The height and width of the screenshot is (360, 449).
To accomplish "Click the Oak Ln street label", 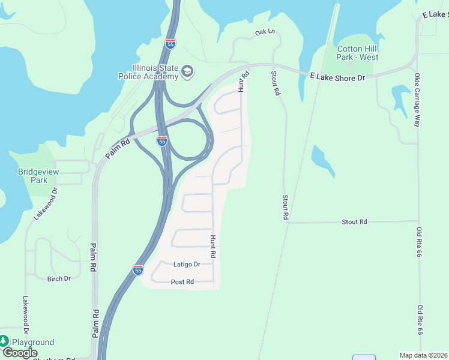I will pyautogui.click(x=264, y=32).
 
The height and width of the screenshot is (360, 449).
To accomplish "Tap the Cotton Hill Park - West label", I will pyautogui.click(x=358, y=53).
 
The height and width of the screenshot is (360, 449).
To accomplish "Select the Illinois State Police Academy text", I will pyautogui.click(x=155, y=72).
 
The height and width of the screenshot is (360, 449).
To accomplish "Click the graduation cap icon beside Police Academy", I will pyautogui.click(x=187, y=72).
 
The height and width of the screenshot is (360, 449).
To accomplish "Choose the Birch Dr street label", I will pyautogui.click(x=59, y=278).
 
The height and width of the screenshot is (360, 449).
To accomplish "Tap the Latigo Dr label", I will pyautogui.click(x=186, y=264).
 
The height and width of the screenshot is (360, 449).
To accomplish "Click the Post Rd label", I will pyautogui.click(x=182, y=281).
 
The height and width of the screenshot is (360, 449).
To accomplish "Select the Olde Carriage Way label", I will pyautogui.click(x=417, y=100).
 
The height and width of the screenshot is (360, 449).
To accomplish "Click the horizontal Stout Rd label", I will pyautogui.click(x=354, y=222).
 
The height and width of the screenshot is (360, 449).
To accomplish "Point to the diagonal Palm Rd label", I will pyautogui.click(x=118, y=149).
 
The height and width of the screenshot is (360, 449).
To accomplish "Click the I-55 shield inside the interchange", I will pyautogui.click(x=162, y=141).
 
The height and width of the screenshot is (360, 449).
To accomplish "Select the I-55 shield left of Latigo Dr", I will pyautogui.click(x=138, y=270).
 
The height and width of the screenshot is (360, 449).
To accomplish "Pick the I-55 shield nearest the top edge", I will pyautogui.click(x=170, y=44).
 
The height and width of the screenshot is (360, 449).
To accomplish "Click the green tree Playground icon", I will pyautogui.click(x=4, y=341).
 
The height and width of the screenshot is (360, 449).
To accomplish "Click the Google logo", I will pyautogui.click(x=20, y=353).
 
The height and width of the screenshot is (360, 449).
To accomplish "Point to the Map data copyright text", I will pyautogui.click(x=423, y=355).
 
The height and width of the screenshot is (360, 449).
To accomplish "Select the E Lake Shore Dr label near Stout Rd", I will pyautogui.click(x=337, y=77).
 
